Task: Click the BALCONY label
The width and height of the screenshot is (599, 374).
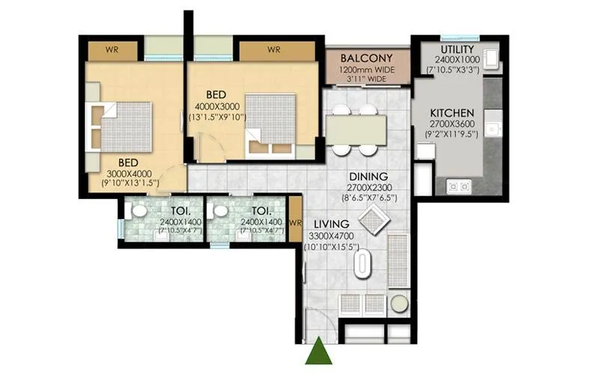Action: point(367,58)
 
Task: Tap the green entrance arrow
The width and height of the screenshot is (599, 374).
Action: point(318,352)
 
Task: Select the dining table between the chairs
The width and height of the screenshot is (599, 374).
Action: point(356,129)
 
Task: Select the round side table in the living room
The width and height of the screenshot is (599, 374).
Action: point(400,304)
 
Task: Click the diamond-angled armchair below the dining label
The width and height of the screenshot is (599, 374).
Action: point(373,220)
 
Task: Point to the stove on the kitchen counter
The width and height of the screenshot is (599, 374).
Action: point(457,186)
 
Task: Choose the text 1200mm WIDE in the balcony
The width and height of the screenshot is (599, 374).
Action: point(367,69)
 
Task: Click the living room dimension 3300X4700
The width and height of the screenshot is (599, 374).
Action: point(334,236)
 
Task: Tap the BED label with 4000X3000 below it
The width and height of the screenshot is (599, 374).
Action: point(216,95)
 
